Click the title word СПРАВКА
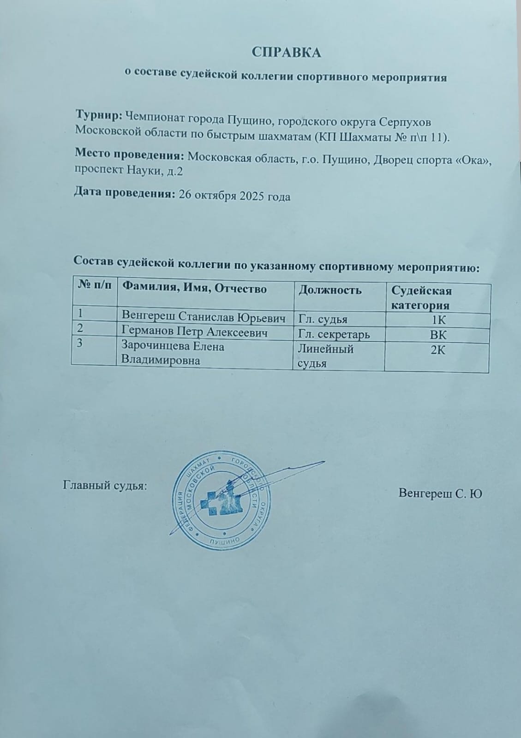click(x=286, y=53)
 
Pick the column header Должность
click(x=330, y=291)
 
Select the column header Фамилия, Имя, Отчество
click(x=194, y=289)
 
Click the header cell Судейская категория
click(x=421, y=298)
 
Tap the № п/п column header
click(x=94, y=286)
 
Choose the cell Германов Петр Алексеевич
click(x=194, y=332)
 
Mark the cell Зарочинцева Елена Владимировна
click(x=173, y=353)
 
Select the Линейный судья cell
click(x=326, y=356)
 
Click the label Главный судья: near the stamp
click(x=105, y=486)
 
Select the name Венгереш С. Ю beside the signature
click(x=440, y=494)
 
